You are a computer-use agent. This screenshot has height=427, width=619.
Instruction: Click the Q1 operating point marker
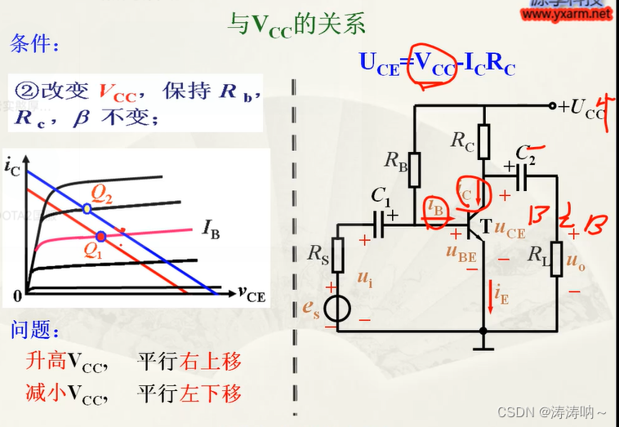[x=100, y=237]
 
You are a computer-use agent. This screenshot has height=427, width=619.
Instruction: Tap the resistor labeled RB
[x=414, y=168]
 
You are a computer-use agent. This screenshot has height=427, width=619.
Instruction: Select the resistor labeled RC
[x=483, y=141]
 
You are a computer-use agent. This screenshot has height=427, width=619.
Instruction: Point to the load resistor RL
[x=555, y=259]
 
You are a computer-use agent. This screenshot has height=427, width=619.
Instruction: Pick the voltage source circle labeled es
[x=338, y=309]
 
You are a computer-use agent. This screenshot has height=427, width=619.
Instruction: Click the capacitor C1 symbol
[x=380, y=222]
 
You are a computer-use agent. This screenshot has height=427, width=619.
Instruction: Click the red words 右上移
[x=211, y=361]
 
